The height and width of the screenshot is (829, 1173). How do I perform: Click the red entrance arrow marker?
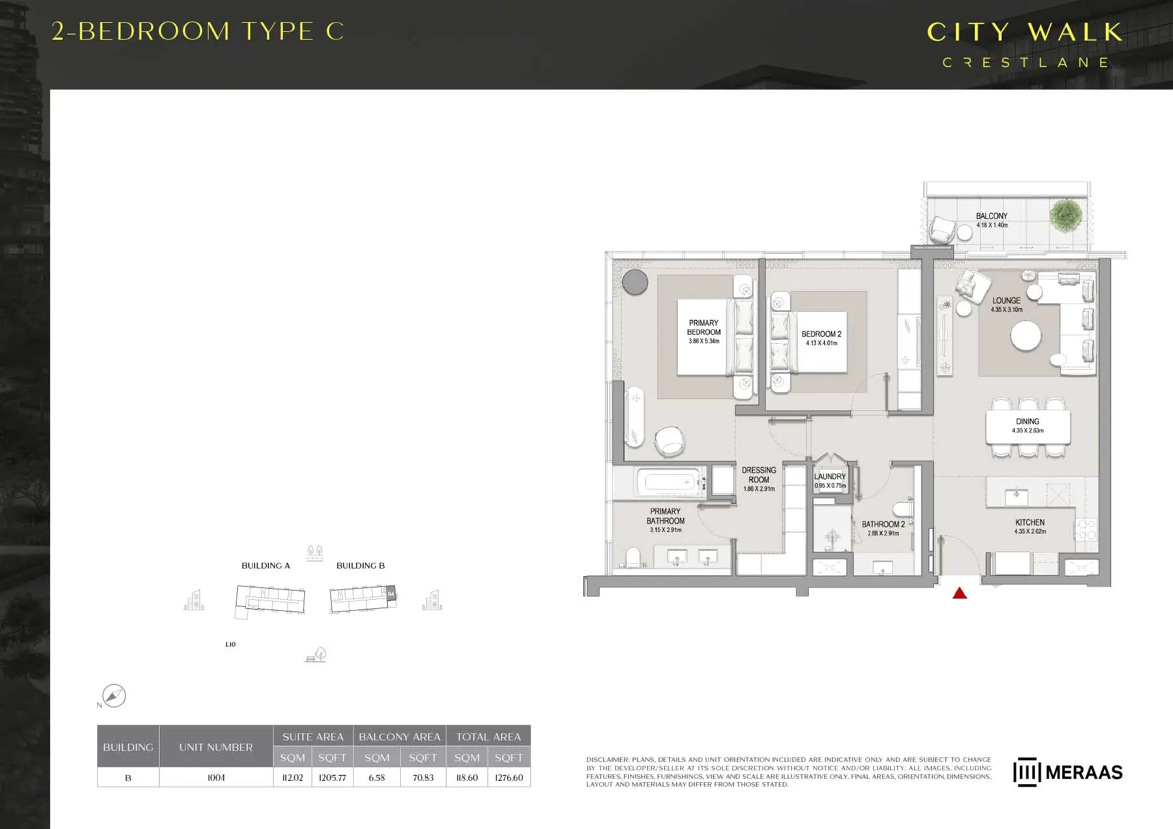tap(959, 593)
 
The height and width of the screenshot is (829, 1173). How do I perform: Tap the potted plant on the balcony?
tap(1065, 214)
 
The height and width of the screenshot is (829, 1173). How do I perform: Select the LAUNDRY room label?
tap(830, 477)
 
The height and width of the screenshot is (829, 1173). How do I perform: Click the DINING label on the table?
tap(1027, 421)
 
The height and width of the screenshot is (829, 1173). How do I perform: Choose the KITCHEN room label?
tap(1030, 522)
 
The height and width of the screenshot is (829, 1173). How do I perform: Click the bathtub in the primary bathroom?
tap(669, 483)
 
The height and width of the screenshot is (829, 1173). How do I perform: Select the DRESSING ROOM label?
tap(759, 475)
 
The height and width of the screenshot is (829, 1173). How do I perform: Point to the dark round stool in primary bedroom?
tap(635, 283)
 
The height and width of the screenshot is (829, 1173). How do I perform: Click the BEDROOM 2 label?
tap(821, 334)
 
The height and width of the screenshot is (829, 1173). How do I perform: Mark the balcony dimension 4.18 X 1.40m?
tap(992, 225)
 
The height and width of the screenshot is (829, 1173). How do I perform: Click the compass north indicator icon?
tap(114, 696)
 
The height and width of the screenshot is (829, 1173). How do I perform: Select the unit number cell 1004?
tap(216, 778)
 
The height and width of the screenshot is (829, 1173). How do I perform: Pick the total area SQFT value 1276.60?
tap(509, 778)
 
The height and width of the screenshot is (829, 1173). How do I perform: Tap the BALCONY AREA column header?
tap(399, 737)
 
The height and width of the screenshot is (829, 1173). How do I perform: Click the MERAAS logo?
tap(1067, 772)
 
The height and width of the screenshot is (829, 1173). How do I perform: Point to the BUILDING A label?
tap(266, 565)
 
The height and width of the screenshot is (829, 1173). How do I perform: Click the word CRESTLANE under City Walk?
tap(1025, 63)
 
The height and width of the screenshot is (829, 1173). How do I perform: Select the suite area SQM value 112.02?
tap(293, 778)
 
